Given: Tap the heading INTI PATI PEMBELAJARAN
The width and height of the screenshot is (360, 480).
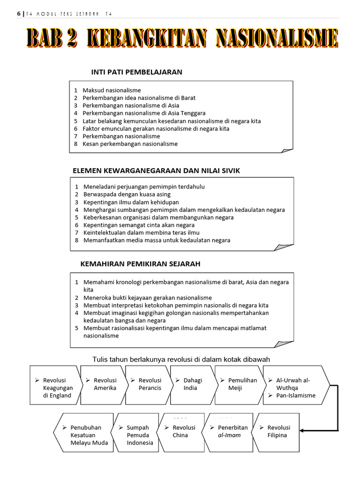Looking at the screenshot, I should pos(136,72).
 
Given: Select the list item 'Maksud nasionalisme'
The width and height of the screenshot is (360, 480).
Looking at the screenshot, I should pos(112,90).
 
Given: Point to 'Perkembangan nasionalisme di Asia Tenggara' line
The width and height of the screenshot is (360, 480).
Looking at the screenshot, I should pos(144,113).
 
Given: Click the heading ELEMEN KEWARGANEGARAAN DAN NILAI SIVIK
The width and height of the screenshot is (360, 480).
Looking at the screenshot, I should pos(156,171).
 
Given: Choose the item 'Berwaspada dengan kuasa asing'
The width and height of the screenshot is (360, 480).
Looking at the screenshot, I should pos(127,194).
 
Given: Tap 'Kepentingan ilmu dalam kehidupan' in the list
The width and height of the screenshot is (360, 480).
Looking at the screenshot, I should pos(131,202).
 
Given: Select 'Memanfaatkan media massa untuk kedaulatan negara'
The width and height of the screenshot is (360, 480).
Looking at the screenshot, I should pos(157,240).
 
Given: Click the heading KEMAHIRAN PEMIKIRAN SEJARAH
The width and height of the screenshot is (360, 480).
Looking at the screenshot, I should pos(140,264).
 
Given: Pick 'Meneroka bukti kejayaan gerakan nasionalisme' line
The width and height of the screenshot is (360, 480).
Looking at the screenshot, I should pos(147,298).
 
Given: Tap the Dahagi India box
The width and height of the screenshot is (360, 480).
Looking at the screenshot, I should pos(192,384).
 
